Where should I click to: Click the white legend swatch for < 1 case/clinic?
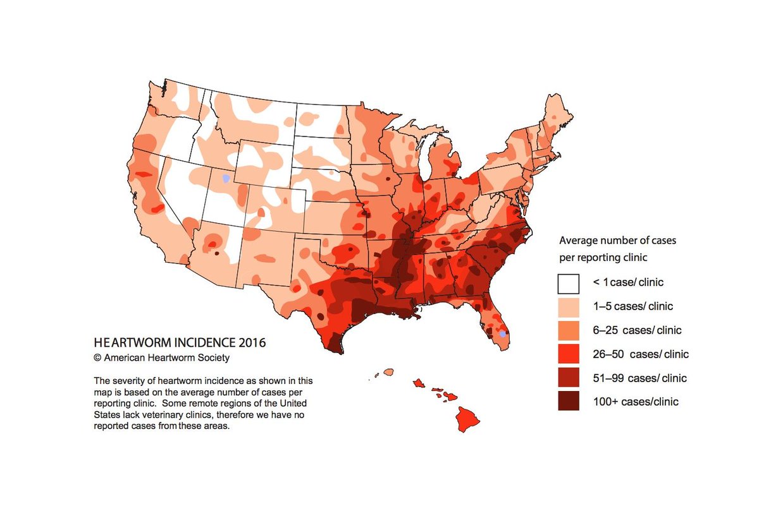(x=569, y=284)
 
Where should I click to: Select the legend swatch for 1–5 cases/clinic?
(x=569, y=307)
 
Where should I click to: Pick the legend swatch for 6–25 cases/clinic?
(x=569, y=330)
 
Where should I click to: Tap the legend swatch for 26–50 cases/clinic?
(x=569, y=354)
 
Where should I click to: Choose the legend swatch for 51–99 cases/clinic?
(x=569, y=378)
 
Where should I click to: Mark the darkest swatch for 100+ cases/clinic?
(x=569, y=401)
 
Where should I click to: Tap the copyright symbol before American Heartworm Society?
(x=97, y=358)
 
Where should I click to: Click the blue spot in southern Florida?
(x=503, y=333)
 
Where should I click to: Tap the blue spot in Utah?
(x=226, y=179)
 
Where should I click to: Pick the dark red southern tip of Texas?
(x=336, y=346)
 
